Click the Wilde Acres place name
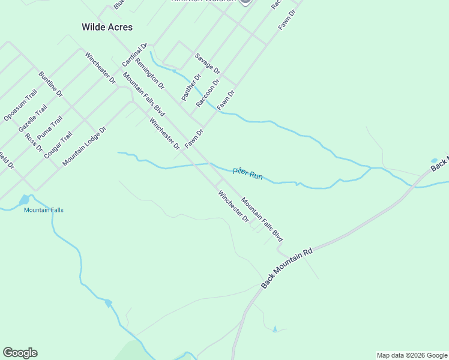point(107,27)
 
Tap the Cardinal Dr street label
point(134,55)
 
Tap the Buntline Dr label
point(50,83)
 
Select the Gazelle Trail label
point(32,118)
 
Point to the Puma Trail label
point(49,127)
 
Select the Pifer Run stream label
point(248,173)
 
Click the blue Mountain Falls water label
point(43,210)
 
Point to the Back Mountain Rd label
point(288,267)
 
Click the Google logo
point(20,353)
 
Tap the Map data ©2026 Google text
point(412,355)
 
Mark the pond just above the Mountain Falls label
point(25,199)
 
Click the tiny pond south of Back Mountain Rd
point(275,329)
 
